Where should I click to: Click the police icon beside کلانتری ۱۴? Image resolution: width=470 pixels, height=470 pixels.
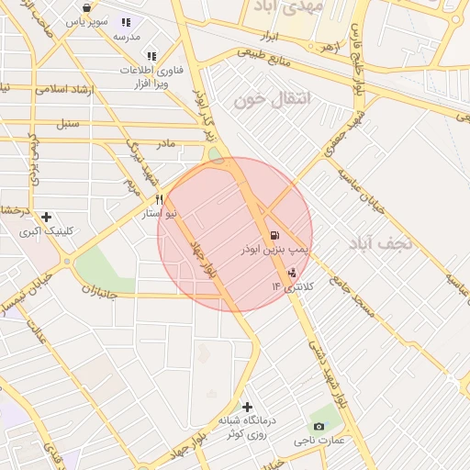pyautogui.click(x=293, y=272)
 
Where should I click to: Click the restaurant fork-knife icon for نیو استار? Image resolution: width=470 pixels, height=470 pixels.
pyautogui.click(x=159, y=199)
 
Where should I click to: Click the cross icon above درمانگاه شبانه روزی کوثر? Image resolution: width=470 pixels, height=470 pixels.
pyautogui.click(x=247, y=406)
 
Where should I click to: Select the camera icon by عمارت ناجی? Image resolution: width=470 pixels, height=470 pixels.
pyautogui.click(x=319, y=425)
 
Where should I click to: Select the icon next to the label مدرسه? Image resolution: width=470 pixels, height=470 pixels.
pyautogui.click(x=126, y=22)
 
